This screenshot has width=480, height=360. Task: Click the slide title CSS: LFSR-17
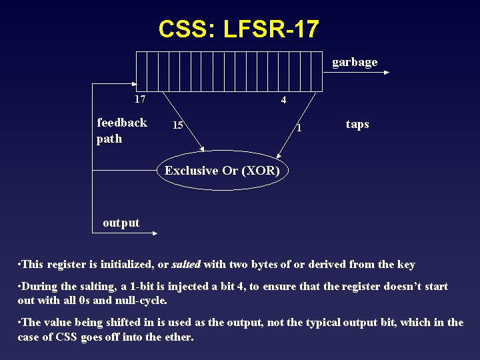tap(239, 29)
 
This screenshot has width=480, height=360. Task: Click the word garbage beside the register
tap(355, 62)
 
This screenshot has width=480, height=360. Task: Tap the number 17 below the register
tap(139, 99)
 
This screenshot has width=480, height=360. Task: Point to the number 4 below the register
tap(283, 100)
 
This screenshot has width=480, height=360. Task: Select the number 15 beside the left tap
tap(178, 125)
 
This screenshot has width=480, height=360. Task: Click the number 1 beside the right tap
tap(299, 127)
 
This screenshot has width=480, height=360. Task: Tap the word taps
tap(357, 124)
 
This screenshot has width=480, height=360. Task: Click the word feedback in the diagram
tap(122, 123)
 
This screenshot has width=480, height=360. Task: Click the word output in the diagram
tap(121, 223)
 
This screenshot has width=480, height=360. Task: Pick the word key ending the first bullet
tap(405, 265)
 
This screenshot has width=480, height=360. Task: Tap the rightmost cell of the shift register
tap(317, 71)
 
